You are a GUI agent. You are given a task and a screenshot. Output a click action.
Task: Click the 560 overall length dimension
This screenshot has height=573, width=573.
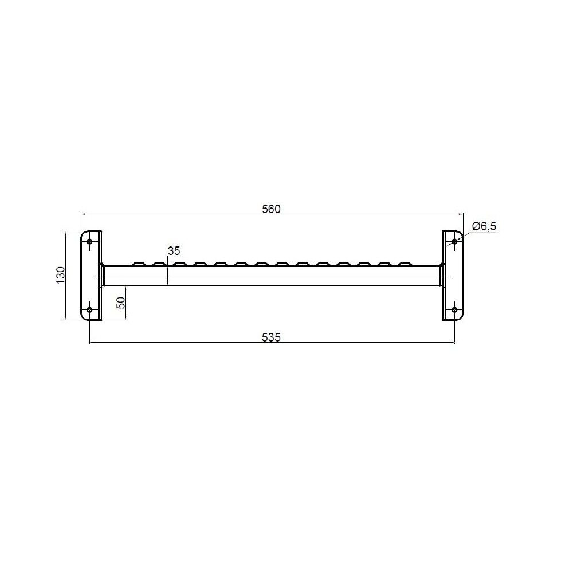tap(271, 209)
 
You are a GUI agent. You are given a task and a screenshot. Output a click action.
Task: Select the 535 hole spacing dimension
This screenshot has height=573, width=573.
tap(271, 337)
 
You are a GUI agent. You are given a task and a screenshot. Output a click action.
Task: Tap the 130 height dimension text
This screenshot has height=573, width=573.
tap(60, 275)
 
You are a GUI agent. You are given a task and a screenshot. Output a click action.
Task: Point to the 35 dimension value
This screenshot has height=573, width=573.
tap(174, 251)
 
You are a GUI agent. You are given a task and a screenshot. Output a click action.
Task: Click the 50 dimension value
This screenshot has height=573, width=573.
tap(121, 303)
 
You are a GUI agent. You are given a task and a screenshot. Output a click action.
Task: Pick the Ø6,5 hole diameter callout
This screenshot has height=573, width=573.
tap(484, 226)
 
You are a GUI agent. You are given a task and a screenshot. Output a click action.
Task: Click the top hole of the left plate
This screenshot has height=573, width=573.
tap(89, 241)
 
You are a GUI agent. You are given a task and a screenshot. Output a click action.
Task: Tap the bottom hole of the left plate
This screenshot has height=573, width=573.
tap(89, 310)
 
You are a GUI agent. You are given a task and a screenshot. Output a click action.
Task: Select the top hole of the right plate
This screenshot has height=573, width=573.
tap(454, 241)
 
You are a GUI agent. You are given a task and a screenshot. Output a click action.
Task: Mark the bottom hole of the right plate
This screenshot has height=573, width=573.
tap(454, 310)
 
